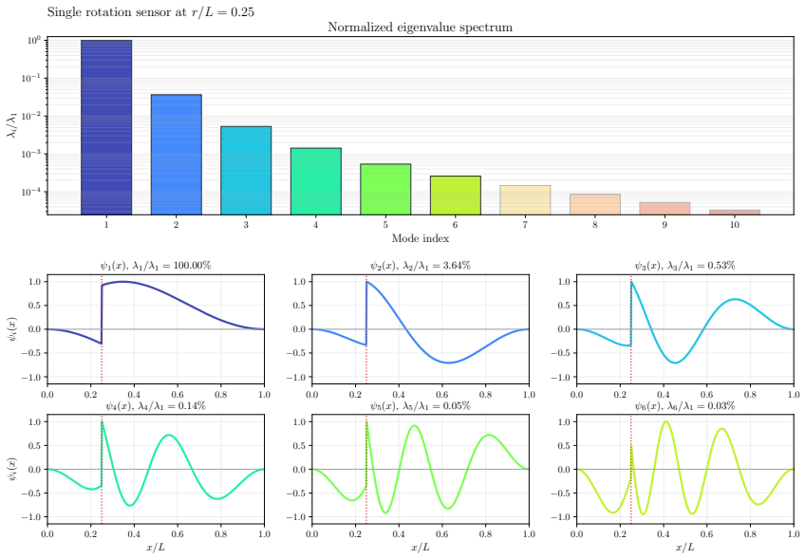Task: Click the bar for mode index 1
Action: point(106,127)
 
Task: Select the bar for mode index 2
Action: point(177,154)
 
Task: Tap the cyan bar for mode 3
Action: point(246,170)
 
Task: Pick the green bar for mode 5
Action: point(385,189)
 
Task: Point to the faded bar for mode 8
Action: point(594,204)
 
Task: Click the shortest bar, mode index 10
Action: point(735,212)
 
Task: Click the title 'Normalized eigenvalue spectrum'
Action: point(420,28)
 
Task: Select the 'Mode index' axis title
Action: point(420,238)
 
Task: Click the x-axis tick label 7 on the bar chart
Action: point(525,225)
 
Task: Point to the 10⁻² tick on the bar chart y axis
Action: point(32,116)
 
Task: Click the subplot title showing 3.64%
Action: point(420,266)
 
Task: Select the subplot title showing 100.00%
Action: point(156,266)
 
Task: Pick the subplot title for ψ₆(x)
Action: point(684,406)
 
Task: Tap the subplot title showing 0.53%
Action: point(684,266)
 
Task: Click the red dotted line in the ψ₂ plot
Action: point(366,329)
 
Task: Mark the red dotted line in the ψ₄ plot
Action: point(102,470)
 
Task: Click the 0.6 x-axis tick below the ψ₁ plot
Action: point(178,395)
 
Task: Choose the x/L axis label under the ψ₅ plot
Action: point(420,548)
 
